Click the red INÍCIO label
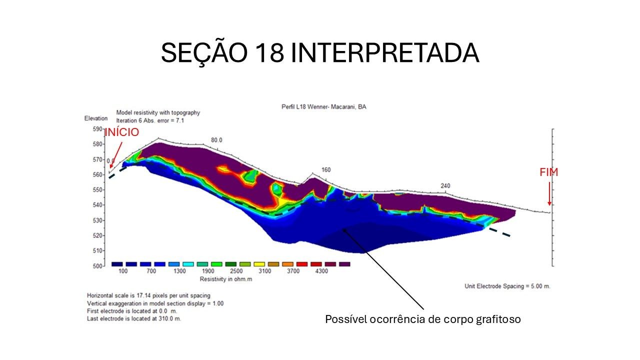coord(121,132)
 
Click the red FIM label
coord(548,172)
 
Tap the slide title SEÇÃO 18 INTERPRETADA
coord(320,53)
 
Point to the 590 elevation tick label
coord(97,129)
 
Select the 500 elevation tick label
coord(97,266)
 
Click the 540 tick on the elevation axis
coord(97,205)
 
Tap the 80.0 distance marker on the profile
coord(216,140)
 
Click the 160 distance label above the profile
coord(326,169)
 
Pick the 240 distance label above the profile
coord(445,185)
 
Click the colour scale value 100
coord(123,271)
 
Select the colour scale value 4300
coord(321,271)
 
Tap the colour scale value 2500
coord(236,271)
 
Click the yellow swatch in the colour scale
coord(259,264)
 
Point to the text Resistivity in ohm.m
coord(225,279)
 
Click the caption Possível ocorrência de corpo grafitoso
coord(423,319)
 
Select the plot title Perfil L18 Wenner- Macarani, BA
coord(323,107)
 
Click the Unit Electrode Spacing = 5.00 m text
coord(507,286)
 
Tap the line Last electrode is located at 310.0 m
coord(134,318)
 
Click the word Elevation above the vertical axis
coord(96,118)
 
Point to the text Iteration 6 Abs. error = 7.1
coord(150,120)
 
